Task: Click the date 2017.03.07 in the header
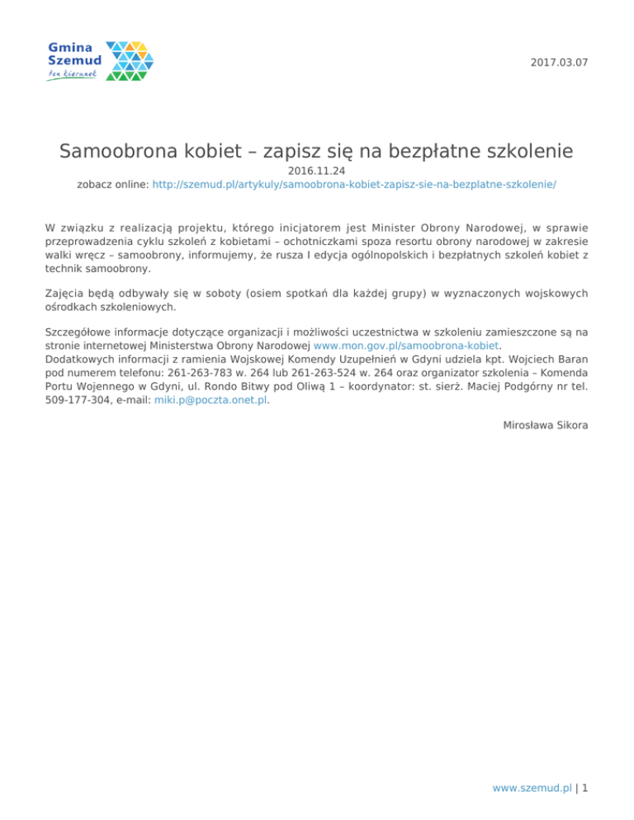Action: [x=562, y=63]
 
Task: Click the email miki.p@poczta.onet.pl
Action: [x=211, y=401]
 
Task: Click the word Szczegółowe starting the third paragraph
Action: [x=82, y=332]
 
